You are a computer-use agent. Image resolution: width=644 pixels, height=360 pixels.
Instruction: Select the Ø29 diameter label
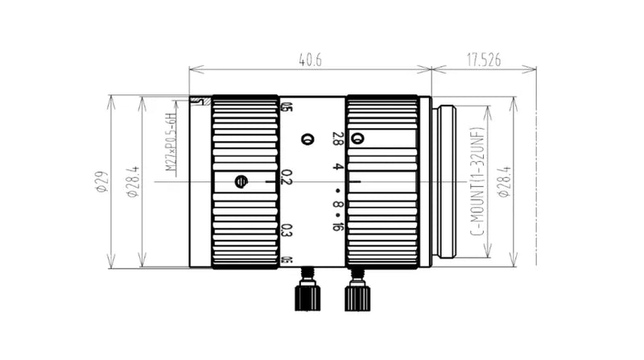[x=101, y=183]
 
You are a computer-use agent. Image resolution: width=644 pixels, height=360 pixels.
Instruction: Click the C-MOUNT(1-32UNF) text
[x=475, y=183]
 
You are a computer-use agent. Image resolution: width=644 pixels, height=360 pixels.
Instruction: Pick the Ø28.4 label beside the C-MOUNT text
[x=505, y=183]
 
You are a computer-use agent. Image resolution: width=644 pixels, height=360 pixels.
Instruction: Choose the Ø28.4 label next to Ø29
[x=134, y=183]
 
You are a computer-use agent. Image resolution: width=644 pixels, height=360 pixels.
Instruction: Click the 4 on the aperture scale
[x=338, y=168]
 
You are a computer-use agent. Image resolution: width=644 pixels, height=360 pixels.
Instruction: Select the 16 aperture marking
[x=337, y=226]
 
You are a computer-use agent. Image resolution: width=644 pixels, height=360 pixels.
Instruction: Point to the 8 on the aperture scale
[x=338, y=205]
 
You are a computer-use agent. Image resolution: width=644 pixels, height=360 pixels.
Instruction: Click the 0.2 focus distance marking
[x=286, y=178]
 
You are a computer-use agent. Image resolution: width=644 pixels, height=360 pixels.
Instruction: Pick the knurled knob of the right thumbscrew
[x=357, y=297]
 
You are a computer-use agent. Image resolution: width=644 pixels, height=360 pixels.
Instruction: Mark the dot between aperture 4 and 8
[x=338, y=191]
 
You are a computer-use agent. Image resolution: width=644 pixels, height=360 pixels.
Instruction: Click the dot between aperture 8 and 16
[x=338, y=216]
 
